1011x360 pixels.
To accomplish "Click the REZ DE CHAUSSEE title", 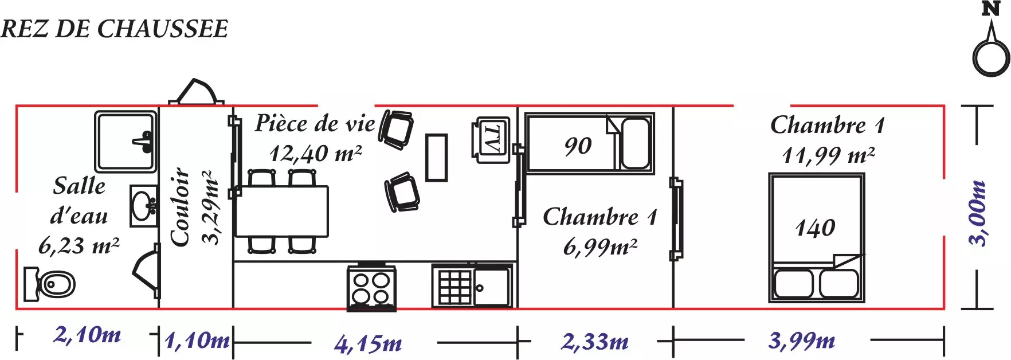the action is [x=115, y=29].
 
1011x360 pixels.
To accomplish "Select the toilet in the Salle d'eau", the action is [x=49, y=284].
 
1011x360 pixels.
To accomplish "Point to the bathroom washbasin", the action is [x=144, y=206].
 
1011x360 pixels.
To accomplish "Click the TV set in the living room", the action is [x=491, y=140].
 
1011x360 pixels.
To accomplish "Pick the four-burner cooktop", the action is [x=371, y=287].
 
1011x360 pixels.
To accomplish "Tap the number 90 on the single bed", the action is [x=578, y=146].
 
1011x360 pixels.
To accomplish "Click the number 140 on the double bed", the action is [x=815, y=228].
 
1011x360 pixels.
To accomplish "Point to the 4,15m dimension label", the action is [x=368, y=344].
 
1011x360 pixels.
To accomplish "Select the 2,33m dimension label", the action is [x=594, y=342].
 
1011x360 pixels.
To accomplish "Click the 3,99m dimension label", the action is [x=801, y=341].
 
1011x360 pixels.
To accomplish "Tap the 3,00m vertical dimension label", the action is [x=978, y=213].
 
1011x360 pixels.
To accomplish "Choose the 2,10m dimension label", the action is [x=87, y=334].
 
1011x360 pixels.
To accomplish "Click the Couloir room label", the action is [x=181, y=208].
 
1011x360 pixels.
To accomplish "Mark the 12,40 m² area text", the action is [x=316, y=154].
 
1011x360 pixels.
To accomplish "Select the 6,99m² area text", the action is [x=600, y=246].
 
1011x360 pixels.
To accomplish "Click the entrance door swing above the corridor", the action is [x=196, y=92].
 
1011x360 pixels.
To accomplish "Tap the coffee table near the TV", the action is [x=436, y=158].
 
